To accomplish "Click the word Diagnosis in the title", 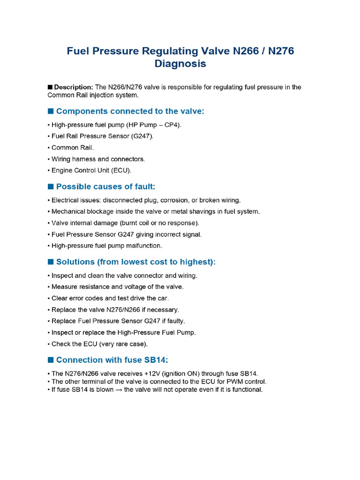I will click(180, 64).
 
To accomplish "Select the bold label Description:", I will click(74, 87).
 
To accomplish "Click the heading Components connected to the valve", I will click(130, 112).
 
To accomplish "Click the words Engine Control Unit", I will click(79, 171).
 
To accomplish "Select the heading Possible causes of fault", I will click(105, 187).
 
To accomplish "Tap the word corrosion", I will click(175, 200).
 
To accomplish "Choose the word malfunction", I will click(143, 246).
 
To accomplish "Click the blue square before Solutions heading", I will click(51, 262).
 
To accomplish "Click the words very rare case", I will click(128, 344).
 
